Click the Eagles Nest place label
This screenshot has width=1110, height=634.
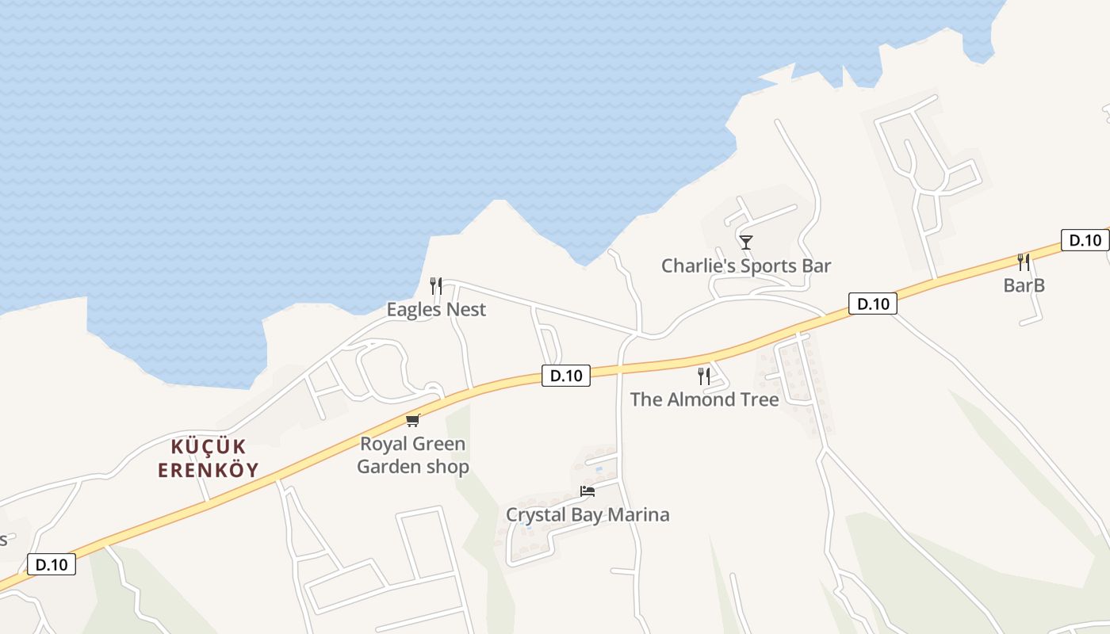click(436, 309)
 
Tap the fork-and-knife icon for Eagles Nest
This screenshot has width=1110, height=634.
click(436, 286)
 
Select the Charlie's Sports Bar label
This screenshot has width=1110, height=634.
click(746, 265)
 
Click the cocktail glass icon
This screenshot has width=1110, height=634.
click(745, 242)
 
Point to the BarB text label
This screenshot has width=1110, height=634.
click(1024, 285)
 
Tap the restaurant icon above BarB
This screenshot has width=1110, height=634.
click(1024, 262)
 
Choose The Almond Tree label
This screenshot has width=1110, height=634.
click(704, 399)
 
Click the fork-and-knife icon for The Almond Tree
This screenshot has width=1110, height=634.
click(703, 376)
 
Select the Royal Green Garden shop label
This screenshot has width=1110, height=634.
click(412, 455)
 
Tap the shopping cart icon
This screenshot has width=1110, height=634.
click(412, 420)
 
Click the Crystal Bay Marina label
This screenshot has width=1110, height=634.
click(588, 514)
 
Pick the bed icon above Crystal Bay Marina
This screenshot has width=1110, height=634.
click(588, 491)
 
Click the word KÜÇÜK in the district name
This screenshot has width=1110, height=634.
click(209, 446)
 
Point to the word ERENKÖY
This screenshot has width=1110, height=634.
click(209, 470)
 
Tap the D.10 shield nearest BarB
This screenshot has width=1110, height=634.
click(1085, 240)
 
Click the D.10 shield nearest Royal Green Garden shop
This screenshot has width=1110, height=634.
click(566, 376)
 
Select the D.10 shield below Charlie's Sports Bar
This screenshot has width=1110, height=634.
click(872, 303)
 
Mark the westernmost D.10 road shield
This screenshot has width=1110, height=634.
click(52, 564)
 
